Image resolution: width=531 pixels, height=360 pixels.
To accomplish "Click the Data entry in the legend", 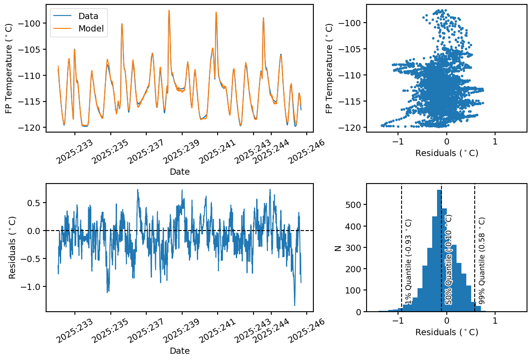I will pyautogui.click(x=88, y=16).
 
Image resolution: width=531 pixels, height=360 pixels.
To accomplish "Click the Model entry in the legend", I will pyautogui.click(x=90, y=29).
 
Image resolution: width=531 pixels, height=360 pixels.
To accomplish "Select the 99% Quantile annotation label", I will pyautogui.click(x=482, y=260).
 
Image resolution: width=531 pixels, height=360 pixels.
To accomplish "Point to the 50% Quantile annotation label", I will pyautogui.click(x=449, y=260).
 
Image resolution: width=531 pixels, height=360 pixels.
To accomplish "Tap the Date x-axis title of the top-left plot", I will pyautogui.click(x=180, y=172).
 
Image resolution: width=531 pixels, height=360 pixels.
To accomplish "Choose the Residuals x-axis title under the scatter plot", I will pyautogui.click(x=446, y=153).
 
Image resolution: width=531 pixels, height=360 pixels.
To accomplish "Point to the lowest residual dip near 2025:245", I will pyautogui.click(x=295, y=305).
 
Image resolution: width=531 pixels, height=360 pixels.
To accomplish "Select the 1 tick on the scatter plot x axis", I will pyautogui.click(x=495, y=141).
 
